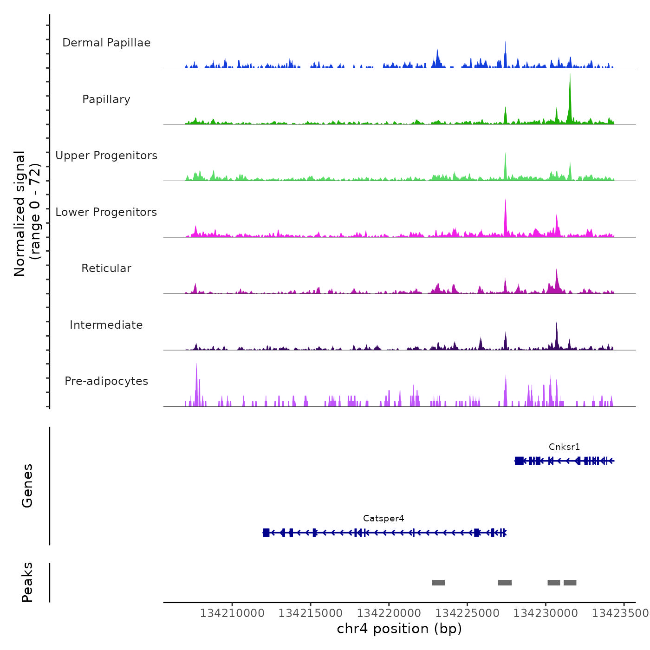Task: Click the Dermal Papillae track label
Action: point(106,43)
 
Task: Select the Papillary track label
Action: point(106,99)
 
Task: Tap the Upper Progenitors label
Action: point(106,156)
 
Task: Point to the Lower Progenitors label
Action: point(106,212)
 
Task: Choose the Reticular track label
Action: point(106,268)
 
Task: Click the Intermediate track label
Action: point(106,325)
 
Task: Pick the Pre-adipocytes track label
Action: point(106,381)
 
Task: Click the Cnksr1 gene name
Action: point(564,447)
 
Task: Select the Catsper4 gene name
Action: point(383,519)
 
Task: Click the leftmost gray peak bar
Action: point(438,583)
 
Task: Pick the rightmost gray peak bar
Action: point(570,583)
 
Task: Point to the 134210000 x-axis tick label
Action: point(232,613)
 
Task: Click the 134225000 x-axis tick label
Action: point(468,613)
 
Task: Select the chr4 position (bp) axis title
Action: point(399,629)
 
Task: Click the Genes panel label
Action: point(27,486)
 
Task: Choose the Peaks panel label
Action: point(27,582)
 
